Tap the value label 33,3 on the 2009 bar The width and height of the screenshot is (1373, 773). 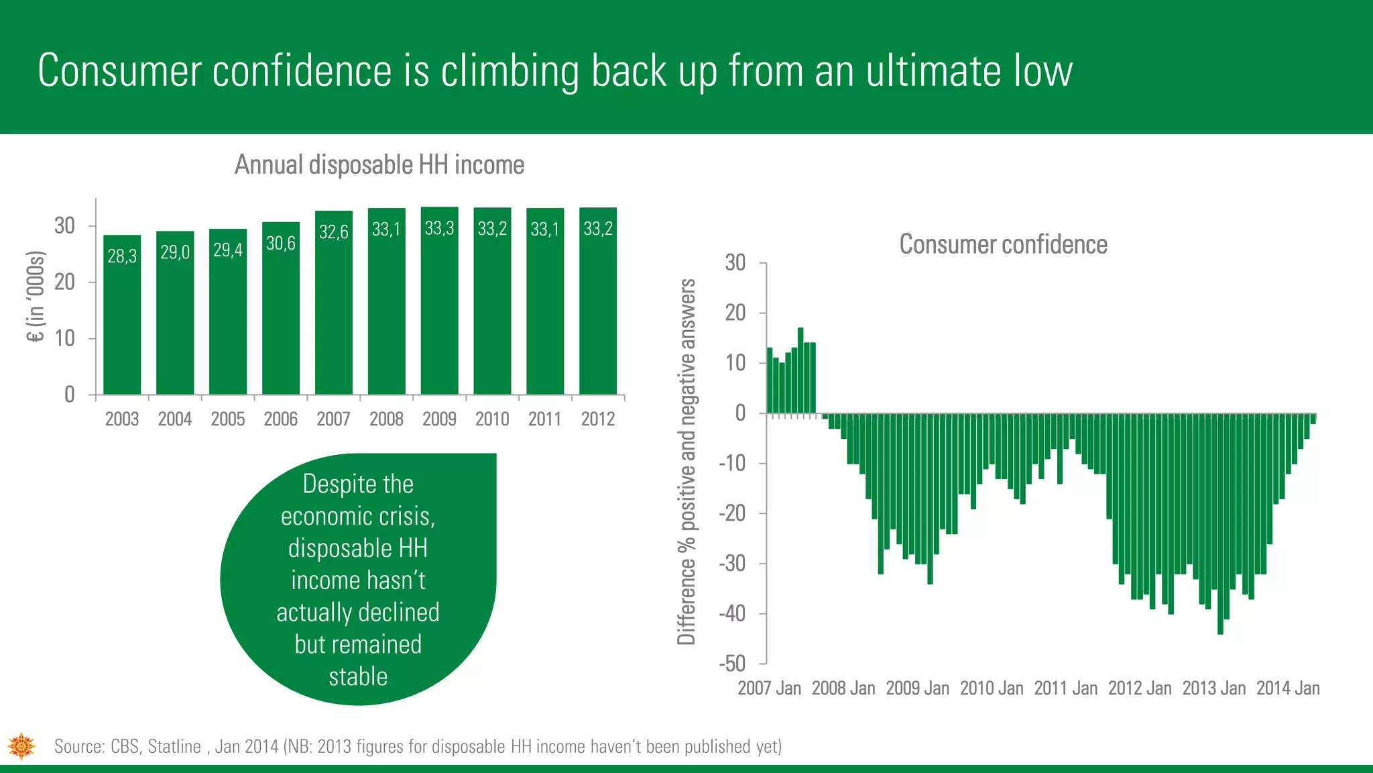(439, 229)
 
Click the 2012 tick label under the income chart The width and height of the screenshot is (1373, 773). (597, 419)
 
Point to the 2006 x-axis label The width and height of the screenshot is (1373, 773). (280, 419)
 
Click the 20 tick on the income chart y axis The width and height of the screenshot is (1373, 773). (65, 282)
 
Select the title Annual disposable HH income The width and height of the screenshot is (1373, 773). (379, 165)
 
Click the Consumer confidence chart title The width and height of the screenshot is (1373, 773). (1003, 245)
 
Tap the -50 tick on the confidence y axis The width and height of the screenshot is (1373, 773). (732, 664)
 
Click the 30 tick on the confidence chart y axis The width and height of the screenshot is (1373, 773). (735, 262)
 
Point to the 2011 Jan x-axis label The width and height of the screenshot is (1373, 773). (1065, 688)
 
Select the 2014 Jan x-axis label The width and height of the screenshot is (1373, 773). (1287, 688)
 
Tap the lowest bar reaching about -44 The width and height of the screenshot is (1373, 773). (1220, 523)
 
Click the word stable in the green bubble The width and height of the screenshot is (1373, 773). (358, 676)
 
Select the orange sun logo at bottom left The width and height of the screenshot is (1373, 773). (21, 745)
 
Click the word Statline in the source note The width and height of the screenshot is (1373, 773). (174, 747)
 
